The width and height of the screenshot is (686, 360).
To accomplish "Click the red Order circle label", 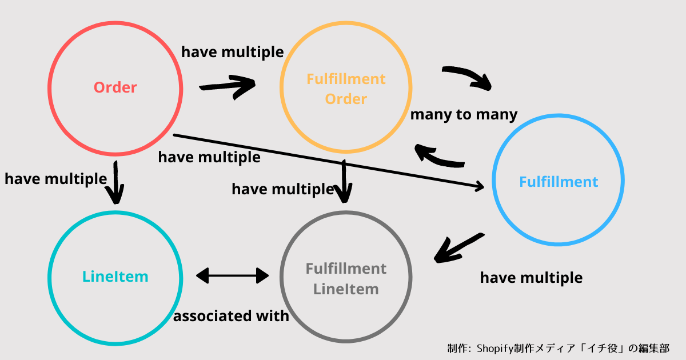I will click(x=115, y=87).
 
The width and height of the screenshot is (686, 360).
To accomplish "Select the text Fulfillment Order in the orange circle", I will click(x=346, y=89).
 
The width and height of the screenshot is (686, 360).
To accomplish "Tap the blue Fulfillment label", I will click(x=558, y=182).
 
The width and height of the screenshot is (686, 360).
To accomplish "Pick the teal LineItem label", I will click(x=115, y=277).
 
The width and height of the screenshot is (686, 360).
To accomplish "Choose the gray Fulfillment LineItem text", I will click(x=346, y=278).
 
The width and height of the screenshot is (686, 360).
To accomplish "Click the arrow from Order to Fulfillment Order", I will click(x=228, y=86).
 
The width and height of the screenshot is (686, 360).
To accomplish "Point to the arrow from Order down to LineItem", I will click(x=117, y=182).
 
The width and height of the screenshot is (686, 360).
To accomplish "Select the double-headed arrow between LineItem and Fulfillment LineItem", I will click(x=232, y=276).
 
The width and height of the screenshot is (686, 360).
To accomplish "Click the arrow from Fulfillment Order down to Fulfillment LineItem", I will click(x=344, y=181).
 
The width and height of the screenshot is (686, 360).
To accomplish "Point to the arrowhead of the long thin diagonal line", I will click(x=479, y=185).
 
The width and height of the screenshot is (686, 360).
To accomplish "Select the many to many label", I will click(x=464, y=114).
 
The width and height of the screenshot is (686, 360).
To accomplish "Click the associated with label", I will click(x=231, y=315).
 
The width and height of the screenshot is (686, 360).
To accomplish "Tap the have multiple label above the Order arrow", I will click(x=232, y=52).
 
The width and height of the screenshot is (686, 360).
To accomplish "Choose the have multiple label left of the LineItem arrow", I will click(x=55, y=179).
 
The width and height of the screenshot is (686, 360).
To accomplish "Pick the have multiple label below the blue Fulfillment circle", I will click(x=531, y=278).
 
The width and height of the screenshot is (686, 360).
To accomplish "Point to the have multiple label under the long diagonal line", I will click(x=209, y=157).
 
